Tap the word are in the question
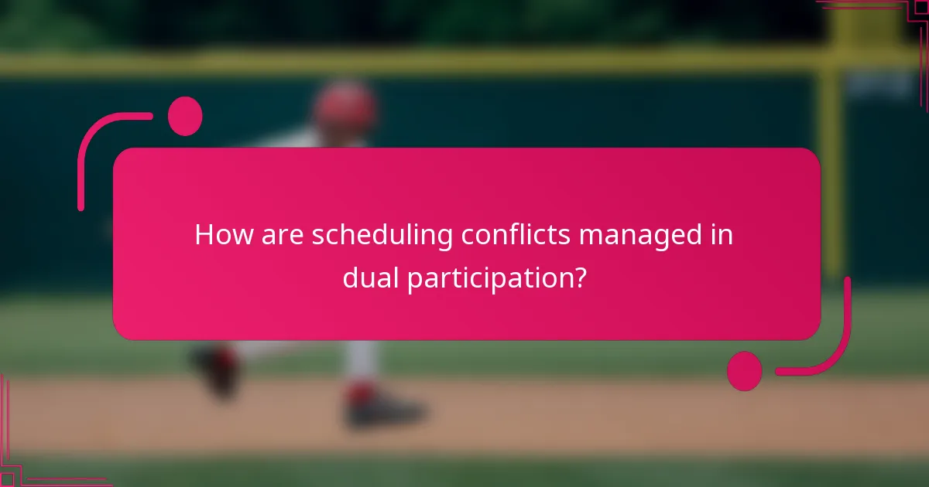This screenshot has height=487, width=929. click(279, 234)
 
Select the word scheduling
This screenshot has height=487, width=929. click(382, 236)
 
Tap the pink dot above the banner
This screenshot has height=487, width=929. click(185, 116)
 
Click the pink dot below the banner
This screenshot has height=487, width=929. click(744, 371)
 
